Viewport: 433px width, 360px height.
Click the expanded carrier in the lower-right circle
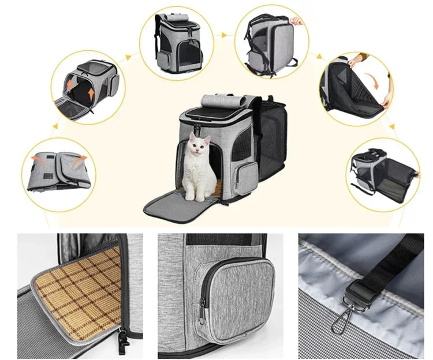tap(385, 177)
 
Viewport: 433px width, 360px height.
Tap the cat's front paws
tap(193, 196)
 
